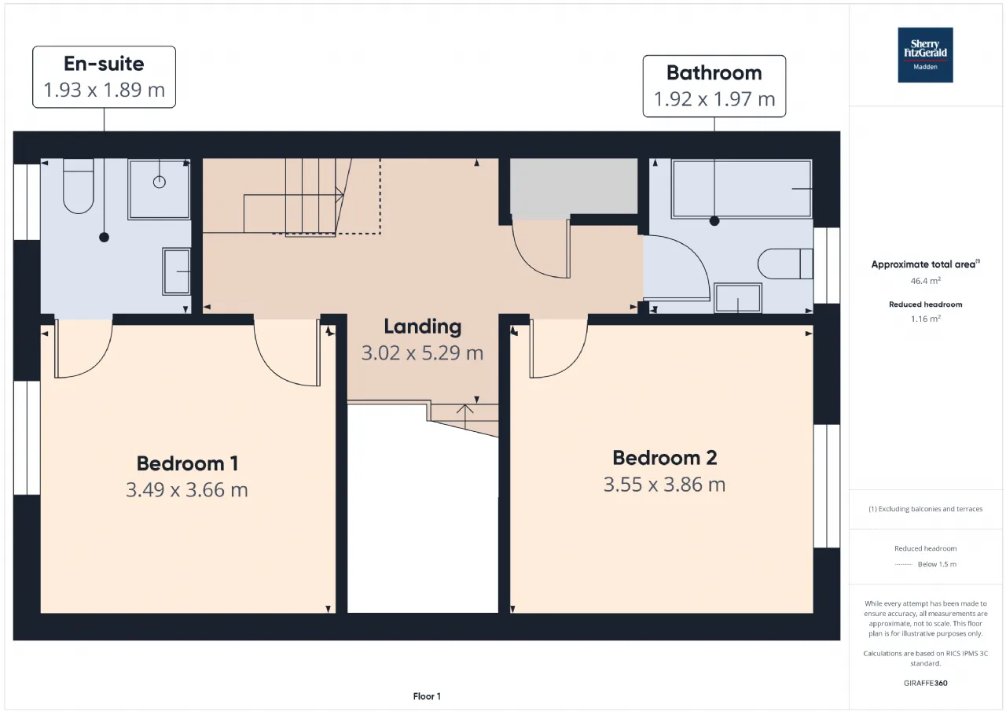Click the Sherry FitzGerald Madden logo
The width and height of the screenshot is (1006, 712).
(x=925, y=55)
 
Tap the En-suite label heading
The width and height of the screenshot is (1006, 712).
(x=104, y=64)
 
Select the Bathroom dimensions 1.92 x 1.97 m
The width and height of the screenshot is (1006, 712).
(x=714, y=99)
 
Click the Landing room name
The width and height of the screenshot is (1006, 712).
(x=423, y=326)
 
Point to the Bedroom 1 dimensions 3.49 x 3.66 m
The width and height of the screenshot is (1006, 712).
(x=187, y=490)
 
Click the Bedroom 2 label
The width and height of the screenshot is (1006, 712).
(x=665, y=458)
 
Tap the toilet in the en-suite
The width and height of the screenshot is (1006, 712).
(x=78, y=186)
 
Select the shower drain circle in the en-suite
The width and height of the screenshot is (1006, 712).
(x=160, y=182)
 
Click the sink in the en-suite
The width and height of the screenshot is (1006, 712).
(x=176, y=271)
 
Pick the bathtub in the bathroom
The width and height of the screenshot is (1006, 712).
(x=741, y=189)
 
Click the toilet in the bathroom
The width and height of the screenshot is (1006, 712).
(x=785, y=264)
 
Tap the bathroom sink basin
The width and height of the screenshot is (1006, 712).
(x=738, y=297)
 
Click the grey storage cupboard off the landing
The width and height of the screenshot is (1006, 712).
(x=574, y=186)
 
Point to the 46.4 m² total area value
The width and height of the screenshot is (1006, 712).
(x=925, y=281)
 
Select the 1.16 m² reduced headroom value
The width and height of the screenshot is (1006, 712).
(x=925, y=319)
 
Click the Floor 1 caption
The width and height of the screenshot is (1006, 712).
(x=427, y=696)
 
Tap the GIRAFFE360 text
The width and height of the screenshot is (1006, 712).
(x=925, y=683)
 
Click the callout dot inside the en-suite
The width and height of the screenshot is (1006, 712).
(x=105, y=238)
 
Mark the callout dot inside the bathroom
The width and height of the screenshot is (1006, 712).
(x=714, y=221)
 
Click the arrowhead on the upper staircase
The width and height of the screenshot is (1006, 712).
(x=340, y=195)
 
